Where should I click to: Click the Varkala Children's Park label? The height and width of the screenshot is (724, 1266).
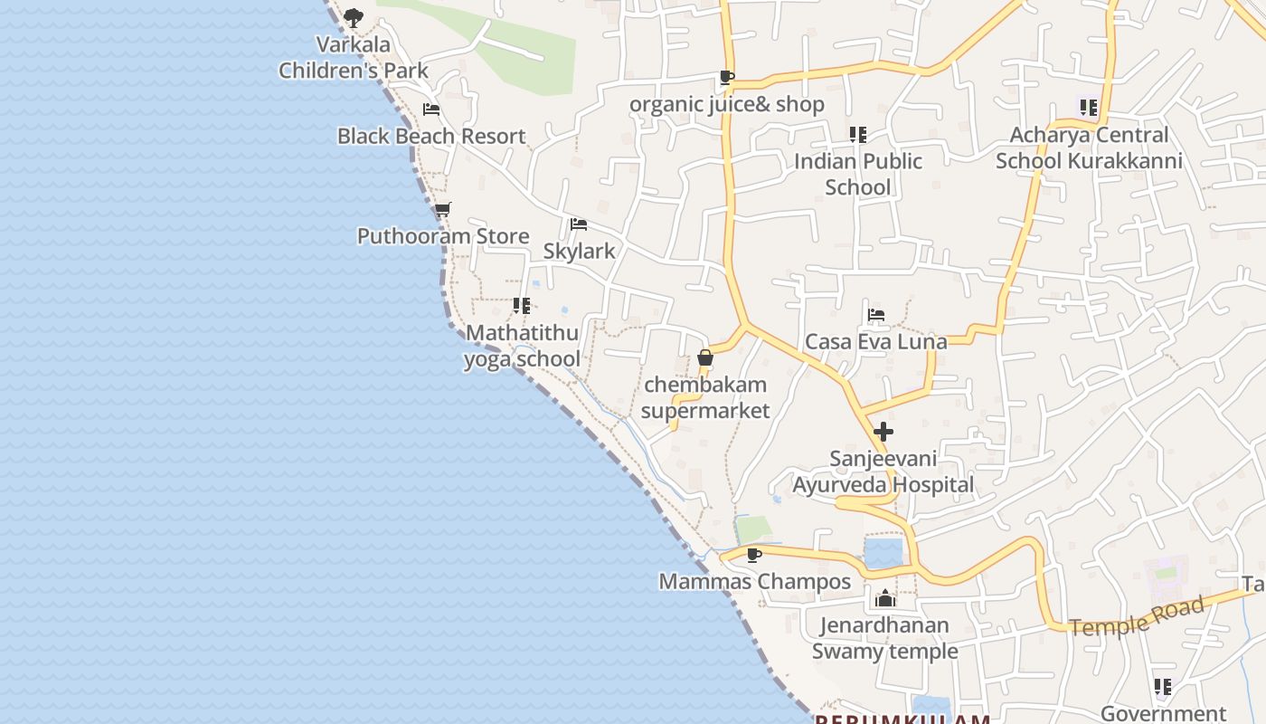[x=353, y=57]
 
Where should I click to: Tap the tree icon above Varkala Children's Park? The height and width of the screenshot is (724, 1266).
[x=353, y=16]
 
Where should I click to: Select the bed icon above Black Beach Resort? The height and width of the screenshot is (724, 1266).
[x=431, y=110]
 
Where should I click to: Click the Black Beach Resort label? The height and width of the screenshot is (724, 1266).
[x=431, y=136]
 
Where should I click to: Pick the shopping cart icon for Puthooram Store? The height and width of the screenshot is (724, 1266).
[x=442, y=210]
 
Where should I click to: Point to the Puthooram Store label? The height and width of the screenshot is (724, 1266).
[x=443, y=236]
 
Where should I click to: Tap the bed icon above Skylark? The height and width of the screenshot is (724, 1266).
[x=579, y=224]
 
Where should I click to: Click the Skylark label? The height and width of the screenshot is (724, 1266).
[x=579, y=251]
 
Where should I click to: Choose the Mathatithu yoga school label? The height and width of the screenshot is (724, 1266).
[x=522, y=346]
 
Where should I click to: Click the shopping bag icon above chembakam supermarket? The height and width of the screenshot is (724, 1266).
[x=705, y=358]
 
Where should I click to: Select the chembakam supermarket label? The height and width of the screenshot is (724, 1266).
[x=705, y=397]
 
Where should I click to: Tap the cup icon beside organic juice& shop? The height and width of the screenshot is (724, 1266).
[x=726, y=78]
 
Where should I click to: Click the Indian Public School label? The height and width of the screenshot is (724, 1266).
[x=858, y=174]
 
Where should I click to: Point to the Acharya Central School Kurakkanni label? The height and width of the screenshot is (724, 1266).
[x=1089, y=148]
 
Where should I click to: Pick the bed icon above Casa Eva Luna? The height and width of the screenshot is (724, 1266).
[x=875, y=315]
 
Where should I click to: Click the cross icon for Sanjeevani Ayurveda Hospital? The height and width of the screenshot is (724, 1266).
[x=883, y=432]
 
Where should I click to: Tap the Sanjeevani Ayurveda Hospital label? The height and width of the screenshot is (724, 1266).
[x=883, y=472]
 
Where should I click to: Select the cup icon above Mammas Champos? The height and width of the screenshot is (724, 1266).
[x=753, y=555]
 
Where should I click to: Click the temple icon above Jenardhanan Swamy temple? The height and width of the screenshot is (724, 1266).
[x=885, y=598]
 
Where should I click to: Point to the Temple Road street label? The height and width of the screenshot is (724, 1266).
[x=1138, y=615]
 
